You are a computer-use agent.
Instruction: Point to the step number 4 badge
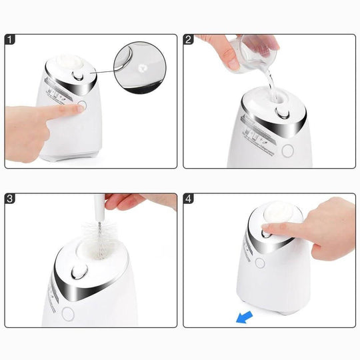[189, 199]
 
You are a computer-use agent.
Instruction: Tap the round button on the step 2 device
[288, 150]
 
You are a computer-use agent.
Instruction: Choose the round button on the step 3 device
[66, 313]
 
